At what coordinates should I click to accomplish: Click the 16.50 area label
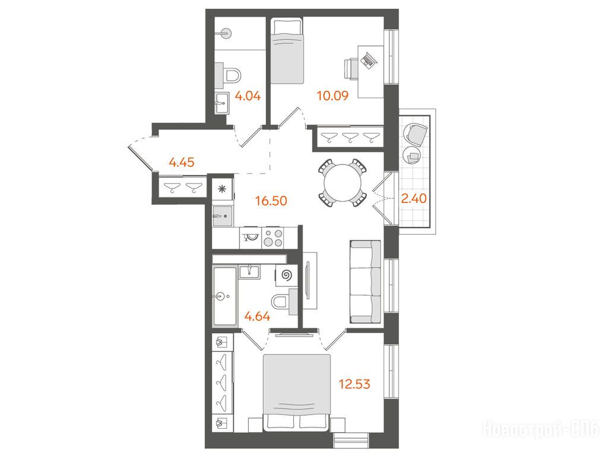pos(271,201)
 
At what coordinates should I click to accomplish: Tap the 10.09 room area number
pos(332,96)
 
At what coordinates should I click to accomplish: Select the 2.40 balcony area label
pos(414,198)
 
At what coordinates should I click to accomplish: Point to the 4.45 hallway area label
pos(182,162)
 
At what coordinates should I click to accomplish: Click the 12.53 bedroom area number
pos(354,384)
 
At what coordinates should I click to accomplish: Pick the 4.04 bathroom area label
pos(248,96)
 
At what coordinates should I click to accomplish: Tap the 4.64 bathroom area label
pos(258,316)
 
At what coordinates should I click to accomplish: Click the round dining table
pos(343,183)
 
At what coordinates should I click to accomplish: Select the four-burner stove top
pos(273,237)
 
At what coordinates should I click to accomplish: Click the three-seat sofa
pos(366,282)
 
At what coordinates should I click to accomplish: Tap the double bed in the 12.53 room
pos(297,392)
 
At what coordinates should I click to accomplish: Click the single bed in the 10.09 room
pos(287,50)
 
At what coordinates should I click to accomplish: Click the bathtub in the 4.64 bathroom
pos(224,297)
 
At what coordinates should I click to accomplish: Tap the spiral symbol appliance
pos(287,275)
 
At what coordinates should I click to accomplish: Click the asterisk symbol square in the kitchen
pos(222,189)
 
